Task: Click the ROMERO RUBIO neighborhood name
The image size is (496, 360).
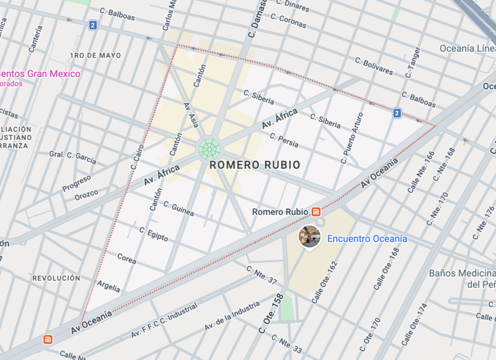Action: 255,165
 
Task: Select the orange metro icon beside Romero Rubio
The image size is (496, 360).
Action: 316,212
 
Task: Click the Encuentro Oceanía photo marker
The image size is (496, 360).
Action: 310,236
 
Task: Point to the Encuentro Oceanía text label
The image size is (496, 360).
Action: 367,239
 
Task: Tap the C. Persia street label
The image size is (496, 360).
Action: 284,140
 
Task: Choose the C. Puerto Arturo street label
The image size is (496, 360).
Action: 352,138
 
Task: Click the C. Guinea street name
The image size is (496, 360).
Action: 178,209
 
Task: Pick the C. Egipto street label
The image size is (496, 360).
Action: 154,234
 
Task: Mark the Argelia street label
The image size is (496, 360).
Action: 108,286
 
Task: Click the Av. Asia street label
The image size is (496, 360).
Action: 191,115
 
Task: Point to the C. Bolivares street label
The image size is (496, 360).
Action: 374,66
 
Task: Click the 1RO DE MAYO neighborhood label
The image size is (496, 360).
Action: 95,56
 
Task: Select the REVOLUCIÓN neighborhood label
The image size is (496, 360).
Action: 56,279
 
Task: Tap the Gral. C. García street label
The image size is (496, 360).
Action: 73,157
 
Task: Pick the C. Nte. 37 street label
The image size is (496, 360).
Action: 261,275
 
